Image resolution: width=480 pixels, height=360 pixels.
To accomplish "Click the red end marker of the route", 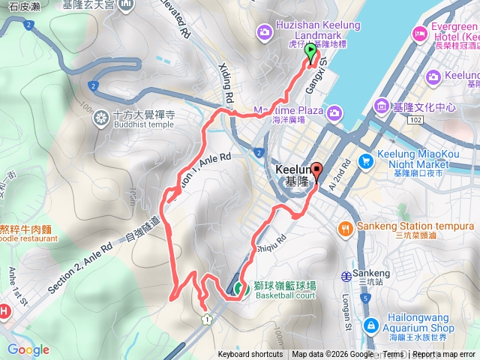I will click(x=316, y=171).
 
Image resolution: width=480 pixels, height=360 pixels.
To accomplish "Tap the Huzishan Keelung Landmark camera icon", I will click(x=264, y=31).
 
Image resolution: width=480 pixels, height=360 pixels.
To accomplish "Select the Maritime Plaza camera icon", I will click(x=334, y=112).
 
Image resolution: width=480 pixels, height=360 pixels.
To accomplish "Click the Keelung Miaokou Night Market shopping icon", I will click(x=366, y=160).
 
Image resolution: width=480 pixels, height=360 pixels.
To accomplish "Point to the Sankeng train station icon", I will click(x=346, y=275).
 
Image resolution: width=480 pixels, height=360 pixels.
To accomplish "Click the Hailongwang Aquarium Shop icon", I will click(x=371, y=325).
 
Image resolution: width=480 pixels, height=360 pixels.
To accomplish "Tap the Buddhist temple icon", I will click(x=100, y=118).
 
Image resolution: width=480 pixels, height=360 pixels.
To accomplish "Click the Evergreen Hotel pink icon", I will click(x=419, y=32).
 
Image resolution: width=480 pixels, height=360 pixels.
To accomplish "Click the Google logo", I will click(x=28, y=350).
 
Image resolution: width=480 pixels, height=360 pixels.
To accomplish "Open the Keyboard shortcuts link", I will click(x=250, y=355).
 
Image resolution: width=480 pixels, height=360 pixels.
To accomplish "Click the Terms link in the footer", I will click(x=393, y=355).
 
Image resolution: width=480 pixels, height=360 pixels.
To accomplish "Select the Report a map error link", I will click(x=444, y=355).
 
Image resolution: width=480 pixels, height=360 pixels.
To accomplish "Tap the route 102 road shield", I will click(x=416, y=119).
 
